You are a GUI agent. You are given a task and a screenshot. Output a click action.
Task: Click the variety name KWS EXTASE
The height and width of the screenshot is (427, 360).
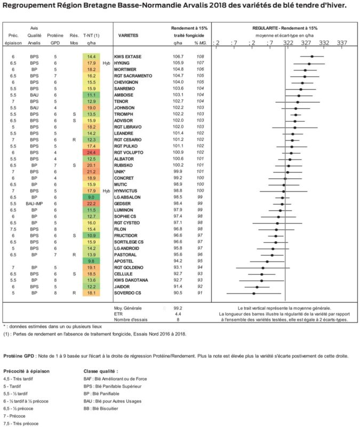tap(127, 57)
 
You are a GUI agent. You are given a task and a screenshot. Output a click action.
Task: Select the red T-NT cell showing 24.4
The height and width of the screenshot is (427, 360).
tap(91, 153)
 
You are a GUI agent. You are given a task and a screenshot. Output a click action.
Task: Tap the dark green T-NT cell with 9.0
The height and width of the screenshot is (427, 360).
tap(91, 197)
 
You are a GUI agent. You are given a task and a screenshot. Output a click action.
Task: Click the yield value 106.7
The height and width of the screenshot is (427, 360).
tap(178, 57)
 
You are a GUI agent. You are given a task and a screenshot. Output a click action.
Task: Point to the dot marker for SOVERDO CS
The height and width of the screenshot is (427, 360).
tap(254, 294)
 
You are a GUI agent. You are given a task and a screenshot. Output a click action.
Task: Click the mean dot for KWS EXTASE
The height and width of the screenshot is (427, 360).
tap(312, 57)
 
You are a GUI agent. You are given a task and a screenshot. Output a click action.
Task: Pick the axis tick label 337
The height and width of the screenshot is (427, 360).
tap(342, 43)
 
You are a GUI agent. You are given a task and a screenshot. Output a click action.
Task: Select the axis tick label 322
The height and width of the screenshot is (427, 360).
tap(288, 43)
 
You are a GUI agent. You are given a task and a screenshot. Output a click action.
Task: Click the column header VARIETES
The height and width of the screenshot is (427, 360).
tap(128, 35)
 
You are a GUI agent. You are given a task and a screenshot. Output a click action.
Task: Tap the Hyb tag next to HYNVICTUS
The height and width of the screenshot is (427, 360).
tap(106, 191)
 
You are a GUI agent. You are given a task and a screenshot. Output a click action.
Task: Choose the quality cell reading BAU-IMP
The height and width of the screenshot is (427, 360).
tap(34, 204)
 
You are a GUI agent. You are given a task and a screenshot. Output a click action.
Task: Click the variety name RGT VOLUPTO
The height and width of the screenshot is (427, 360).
tap(129, 153)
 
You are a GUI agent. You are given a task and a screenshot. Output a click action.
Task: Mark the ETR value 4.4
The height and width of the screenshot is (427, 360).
tap(178, 314)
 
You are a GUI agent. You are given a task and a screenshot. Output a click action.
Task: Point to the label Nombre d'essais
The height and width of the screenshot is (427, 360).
tap(131, 320)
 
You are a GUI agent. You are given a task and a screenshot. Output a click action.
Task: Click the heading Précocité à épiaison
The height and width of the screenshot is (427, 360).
tap(26, 371)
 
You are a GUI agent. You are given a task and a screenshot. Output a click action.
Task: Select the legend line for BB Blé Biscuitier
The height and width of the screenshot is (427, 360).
tap(101, 408)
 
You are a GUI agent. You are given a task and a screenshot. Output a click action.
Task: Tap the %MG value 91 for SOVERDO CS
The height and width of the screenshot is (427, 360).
tap(200, 292)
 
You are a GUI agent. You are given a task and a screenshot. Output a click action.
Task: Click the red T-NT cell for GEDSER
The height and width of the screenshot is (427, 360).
tap(91, 204)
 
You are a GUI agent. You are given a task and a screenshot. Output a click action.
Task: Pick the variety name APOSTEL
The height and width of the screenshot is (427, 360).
tap(124, 261)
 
